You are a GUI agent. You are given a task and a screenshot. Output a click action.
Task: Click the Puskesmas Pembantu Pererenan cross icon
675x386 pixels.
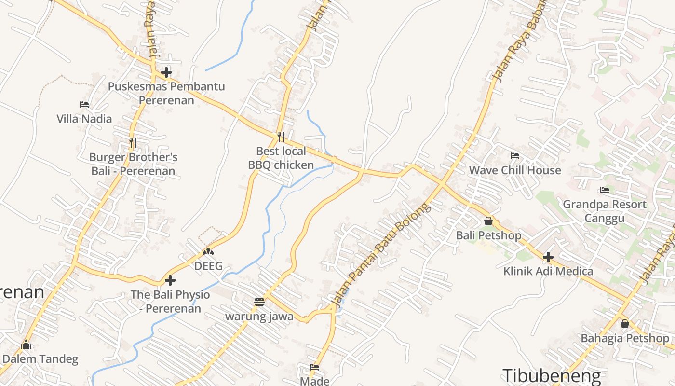click(x=166, y=72)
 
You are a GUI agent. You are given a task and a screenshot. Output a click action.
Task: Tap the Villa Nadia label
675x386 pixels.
click(x=84, y=119)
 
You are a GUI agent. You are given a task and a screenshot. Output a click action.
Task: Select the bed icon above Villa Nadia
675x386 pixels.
click(x=84, y=104)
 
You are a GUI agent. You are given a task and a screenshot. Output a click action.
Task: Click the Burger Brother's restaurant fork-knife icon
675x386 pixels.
click(x=133, y=142)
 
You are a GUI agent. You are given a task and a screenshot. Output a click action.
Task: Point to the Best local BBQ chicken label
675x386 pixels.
click(x=281, y=158)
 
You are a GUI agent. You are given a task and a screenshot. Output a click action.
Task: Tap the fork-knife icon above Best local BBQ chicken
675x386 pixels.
click(x=281, y=137)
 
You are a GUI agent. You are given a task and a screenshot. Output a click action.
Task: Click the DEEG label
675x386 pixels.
click(x=208, y=266)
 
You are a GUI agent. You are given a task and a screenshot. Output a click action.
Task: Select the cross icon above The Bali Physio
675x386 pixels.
click(x=170, y=280)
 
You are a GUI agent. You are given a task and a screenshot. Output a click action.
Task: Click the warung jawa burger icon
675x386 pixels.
click(x=259, y=302)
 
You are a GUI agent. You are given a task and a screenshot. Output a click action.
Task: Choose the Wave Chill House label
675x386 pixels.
click(x=515, y=170)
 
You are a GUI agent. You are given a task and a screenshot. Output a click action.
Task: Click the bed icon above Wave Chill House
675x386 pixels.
click(x=515, y=156)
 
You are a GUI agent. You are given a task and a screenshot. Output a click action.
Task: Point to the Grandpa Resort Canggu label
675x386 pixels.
click(x=605, y=211)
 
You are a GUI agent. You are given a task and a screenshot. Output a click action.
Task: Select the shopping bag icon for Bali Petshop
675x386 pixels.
click(x=488, y=221)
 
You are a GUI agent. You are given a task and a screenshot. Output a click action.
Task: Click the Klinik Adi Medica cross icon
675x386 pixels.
click(x=548, y=257)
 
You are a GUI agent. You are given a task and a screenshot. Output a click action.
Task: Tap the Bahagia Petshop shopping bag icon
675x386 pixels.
click(x=625, y=323)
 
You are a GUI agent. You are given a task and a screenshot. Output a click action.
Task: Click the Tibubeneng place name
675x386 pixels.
click(x=552, y=376)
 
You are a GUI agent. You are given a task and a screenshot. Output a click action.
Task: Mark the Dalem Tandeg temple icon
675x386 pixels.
click(x=26, y=345)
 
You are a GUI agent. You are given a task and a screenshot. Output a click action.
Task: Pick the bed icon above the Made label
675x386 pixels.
click(x=314, y=367)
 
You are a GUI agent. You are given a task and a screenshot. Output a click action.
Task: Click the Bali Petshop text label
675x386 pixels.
click(x=488, y=235)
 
